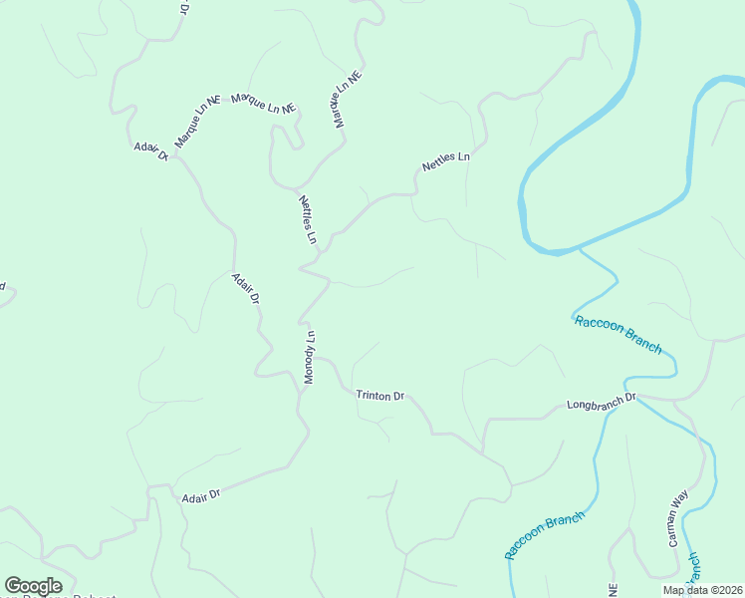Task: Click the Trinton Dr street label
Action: [x=379, y=396]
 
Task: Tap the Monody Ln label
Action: [x=309, y=357]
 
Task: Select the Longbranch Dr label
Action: [x=601, y=404]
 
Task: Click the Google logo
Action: [x=33, y=586]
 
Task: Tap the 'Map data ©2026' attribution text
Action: [x=702, y=590]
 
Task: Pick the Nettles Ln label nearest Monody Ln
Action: [x=307, y=219]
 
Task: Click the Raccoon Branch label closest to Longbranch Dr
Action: [x=618, y=334]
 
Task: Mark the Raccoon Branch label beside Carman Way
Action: [x=543, y=535]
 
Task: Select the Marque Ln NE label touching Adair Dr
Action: [x=196, y=123]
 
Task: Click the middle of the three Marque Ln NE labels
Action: [x=264, y=103]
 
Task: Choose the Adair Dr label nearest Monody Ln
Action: [x=245, y=288]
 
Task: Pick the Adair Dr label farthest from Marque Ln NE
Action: [x=200, y=493]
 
